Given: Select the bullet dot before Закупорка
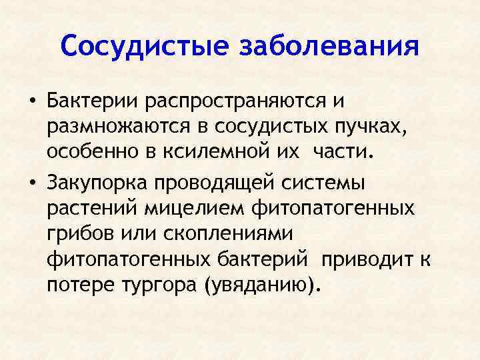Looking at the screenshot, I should tap(31, 183).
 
